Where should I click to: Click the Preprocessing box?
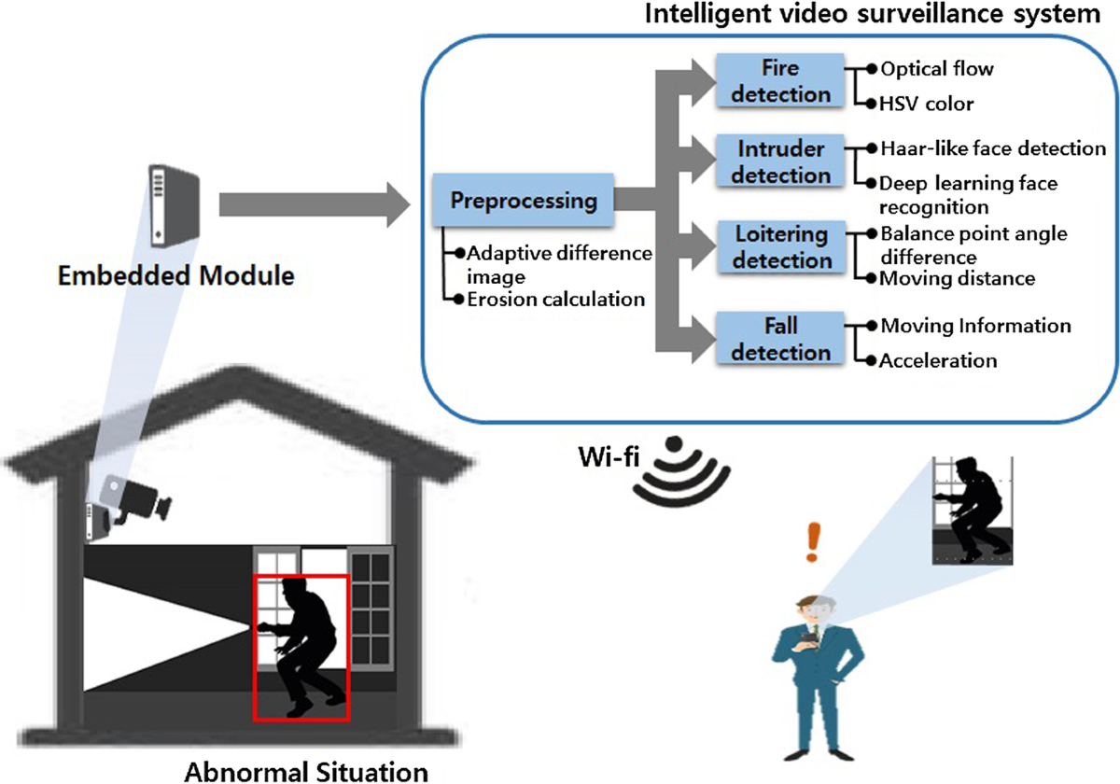[x=523, y=200]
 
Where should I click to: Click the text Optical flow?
[x=937, y=68]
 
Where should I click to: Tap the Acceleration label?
[x=938, y=360]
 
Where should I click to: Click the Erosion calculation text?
[x=556, y=300]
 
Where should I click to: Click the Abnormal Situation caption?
[x=306, y=771]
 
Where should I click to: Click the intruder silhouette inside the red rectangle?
[x=301, y=644]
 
